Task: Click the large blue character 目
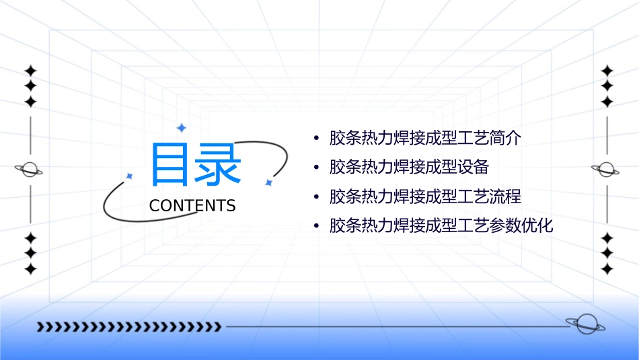click(170, 164)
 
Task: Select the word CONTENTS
click(192, 206)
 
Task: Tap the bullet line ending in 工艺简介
click(425, 139)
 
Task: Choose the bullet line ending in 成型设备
click(409, 167)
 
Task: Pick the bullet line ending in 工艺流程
click(425, 196)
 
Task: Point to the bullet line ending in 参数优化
click(441, 225)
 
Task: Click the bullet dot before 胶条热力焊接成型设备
click(316, 168)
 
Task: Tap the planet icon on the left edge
click(30, 170)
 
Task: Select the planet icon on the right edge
click(606, 170)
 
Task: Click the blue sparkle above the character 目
click(181, 127)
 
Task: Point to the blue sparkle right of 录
click(268, 182)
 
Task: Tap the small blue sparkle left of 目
click(129, 176)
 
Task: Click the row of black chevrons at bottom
click(128, 327)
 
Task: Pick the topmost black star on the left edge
click(30, 70)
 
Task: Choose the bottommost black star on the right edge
click(607, 268)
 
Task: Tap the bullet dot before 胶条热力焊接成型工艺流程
click(316, 197)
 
